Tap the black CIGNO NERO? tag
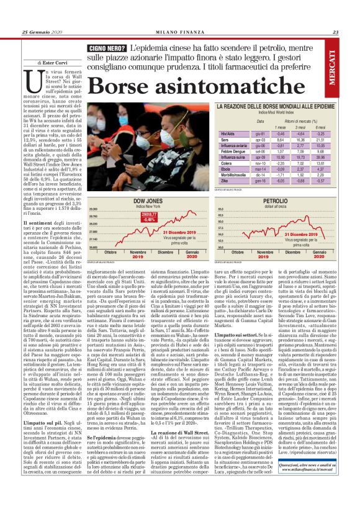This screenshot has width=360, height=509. pyautogui.click(x=108, y=48)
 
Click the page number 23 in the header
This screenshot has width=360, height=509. pyautogui.click(x=335, y=32)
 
